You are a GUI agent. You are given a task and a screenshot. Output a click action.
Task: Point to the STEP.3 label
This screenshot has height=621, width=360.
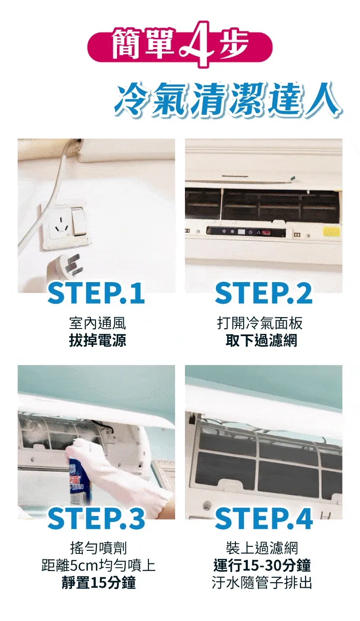pos(96,519)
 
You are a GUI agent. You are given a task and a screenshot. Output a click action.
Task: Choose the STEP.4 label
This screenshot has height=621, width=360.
pos(264,519)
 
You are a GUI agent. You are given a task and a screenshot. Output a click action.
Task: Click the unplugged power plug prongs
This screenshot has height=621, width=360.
pos(72,265)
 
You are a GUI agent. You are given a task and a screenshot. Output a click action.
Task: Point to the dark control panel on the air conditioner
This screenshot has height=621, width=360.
pos(246,232)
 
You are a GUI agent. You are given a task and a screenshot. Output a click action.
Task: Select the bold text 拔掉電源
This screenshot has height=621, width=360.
pos(97,340)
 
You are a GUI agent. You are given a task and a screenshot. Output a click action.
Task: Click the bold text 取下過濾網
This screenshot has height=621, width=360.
pos(261,340)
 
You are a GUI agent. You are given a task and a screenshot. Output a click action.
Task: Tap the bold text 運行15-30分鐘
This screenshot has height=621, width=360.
pos(262,566)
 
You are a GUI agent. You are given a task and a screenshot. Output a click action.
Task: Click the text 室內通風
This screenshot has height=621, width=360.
pos(97,323)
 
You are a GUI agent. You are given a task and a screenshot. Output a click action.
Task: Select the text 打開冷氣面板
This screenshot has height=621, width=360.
pos(260,323)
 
